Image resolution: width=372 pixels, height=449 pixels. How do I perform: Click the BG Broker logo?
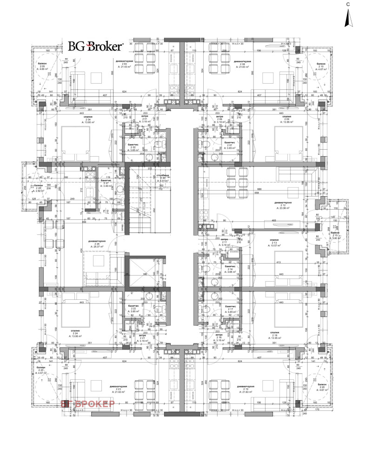tap(95, 46)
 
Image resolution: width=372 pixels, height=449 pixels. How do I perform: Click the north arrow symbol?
tap(346, 19)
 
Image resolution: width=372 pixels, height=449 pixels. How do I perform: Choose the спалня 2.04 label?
tap(87, 119)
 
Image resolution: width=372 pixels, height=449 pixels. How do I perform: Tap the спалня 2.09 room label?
tap(286, 119)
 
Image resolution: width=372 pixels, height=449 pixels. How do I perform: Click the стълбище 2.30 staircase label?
tap(163, 178)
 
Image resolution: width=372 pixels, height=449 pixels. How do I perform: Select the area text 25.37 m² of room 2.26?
tap(98, 247)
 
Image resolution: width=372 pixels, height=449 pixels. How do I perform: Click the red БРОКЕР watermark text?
tap(88, 404)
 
